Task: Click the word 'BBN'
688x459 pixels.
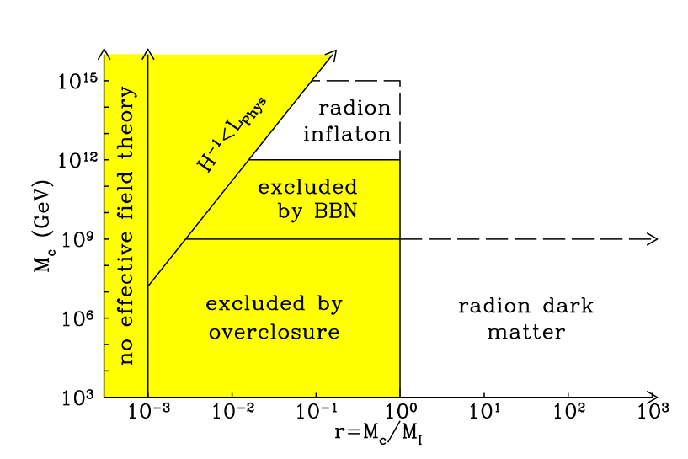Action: (x=335, y=211)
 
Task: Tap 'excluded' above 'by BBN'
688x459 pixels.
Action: (x=307, y=187)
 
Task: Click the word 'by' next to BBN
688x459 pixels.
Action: (x=291, y=212)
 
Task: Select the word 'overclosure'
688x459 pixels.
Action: (x=274, y=333)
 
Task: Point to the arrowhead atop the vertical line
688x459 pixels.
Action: (x=148, y=56)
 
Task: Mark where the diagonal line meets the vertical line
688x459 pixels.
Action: (x=148, y=286)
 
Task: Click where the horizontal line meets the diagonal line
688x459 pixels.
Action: (x=185, y=239)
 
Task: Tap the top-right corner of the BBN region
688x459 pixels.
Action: (x=398, y=160)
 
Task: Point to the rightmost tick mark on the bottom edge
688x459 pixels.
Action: (x=316, y=393)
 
